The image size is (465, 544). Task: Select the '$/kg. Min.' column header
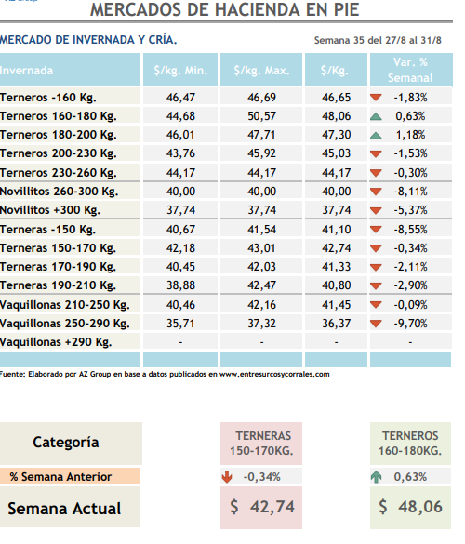180,70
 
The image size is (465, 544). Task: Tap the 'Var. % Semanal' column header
410,70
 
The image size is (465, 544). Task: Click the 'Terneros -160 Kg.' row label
47,98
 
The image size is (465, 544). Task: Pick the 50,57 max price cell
261,116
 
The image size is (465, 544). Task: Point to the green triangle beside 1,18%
376,136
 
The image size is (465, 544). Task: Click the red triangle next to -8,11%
376,192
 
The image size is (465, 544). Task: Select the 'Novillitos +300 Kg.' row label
50,210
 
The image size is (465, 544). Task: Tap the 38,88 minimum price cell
180,285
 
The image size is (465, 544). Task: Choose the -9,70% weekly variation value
410,324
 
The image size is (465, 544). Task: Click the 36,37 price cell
337,324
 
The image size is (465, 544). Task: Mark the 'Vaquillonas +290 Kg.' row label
56,342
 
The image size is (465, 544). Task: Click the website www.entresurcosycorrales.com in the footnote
274,374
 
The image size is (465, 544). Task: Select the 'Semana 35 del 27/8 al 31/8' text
378,40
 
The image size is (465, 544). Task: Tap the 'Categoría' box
71,443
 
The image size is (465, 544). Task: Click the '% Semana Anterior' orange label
70,476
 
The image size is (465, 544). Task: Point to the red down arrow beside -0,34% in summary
227,477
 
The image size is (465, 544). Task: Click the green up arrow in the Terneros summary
376,477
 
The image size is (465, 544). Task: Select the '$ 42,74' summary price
262,507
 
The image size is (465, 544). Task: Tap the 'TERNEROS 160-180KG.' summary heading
410,444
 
